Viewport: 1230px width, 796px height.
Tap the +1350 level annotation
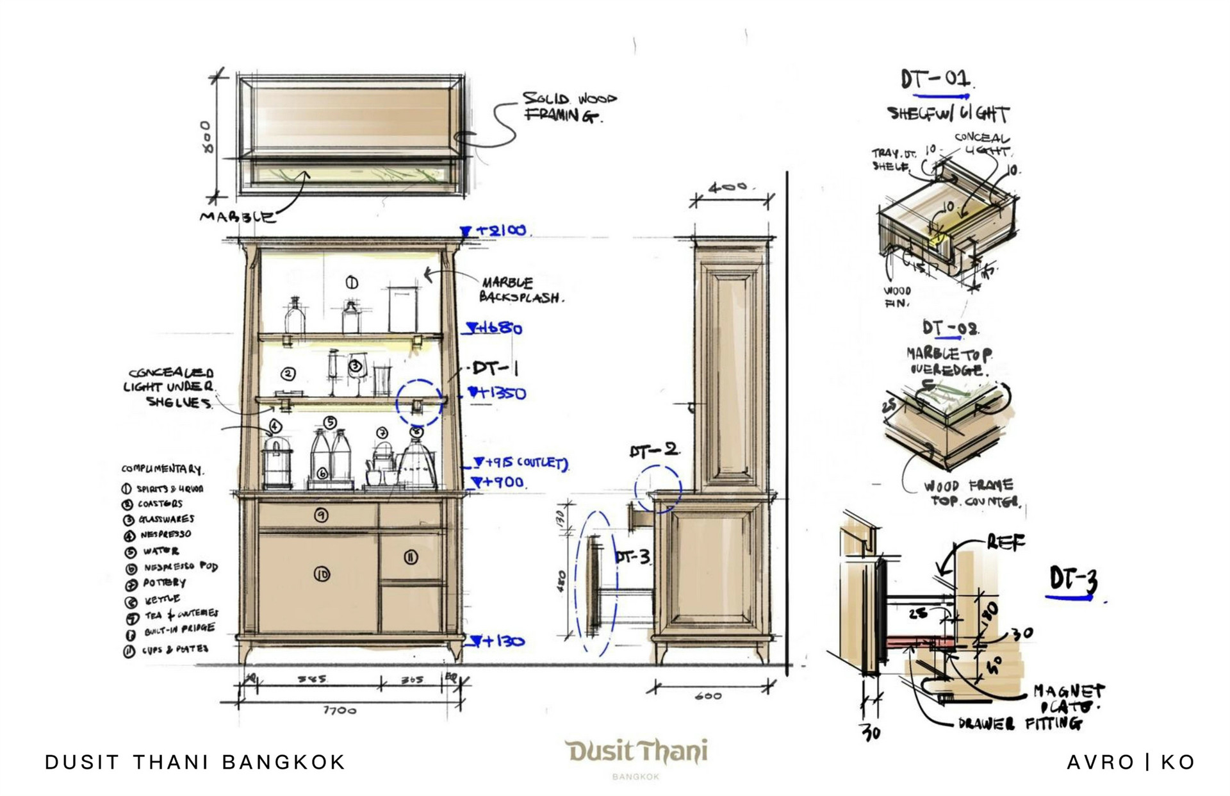click(x=497, y=393)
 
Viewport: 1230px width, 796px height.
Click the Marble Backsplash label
click(x=521, y=290)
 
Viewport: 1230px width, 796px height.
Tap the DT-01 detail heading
click(x=935, y=80)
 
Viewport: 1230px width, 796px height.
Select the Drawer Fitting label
click(x=1020, y=724)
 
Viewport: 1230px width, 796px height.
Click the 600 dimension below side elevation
click(x=708, y=696)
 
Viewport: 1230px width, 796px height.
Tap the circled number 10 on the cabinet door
click(x=322, y=574)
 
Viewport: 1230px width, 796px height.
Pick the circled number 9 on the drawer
click(x=322, y=515)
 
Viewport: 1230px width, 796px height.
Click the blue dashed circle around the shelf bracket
click(x=419, y=402)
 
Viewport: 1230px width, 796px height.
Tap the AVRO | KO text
click(x=1131, y=762)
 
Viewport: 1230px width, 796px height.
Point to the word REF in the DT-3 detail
click(x=1006, y=542)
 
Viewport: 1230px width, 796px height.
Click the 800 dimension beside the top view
click(x=206, y=137)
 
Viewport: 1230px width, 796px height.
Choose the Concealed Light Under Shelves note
click(x=170, y=388)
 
